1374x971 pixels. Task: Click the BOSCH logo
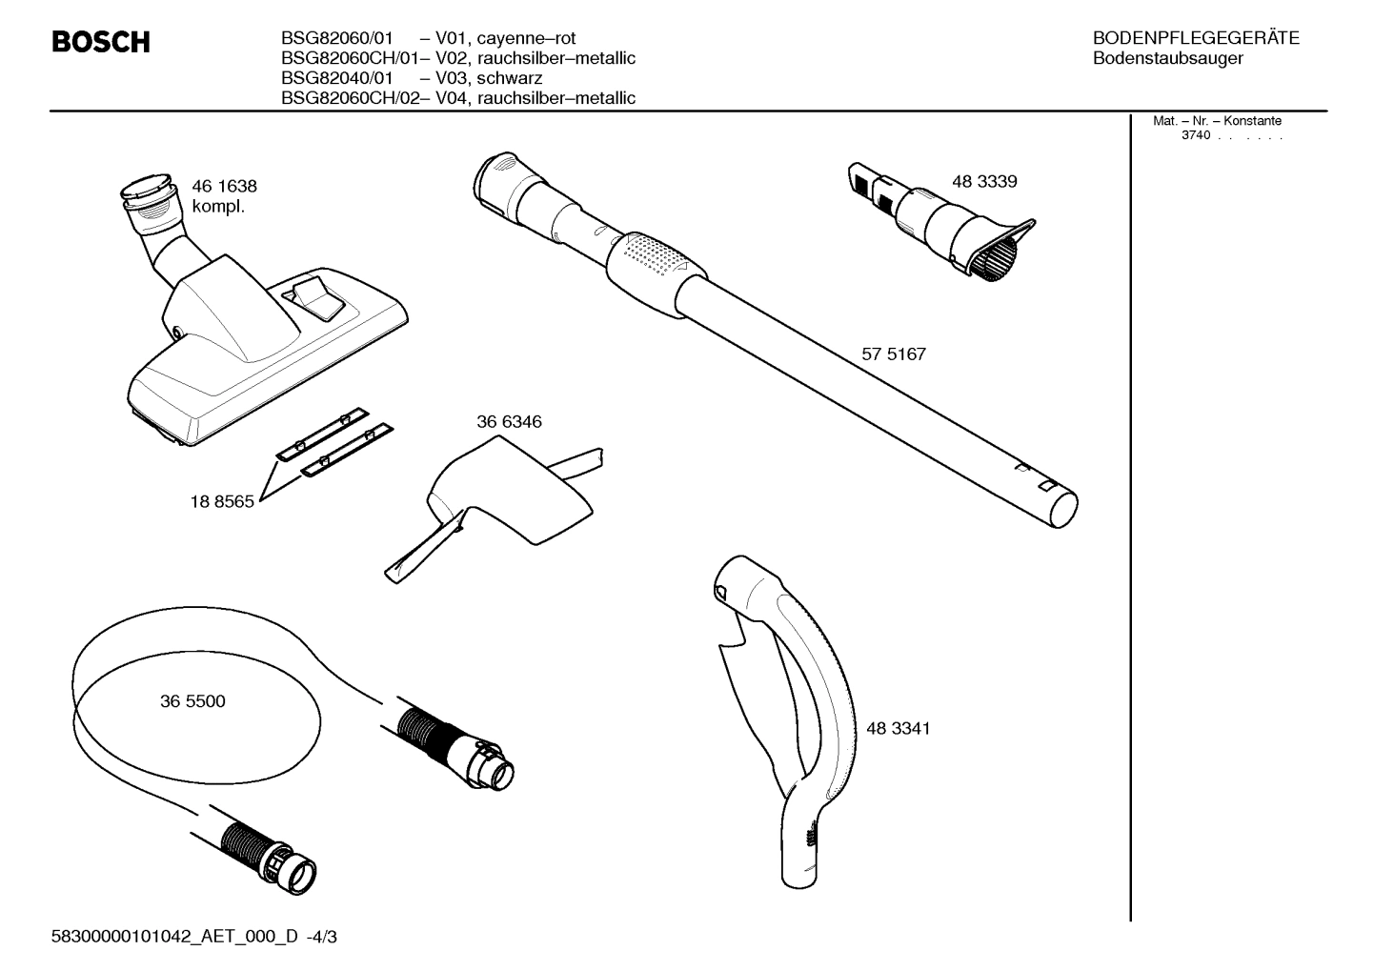[x=100, y=43]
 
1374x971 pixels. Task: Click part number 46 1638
[x=224, y=187]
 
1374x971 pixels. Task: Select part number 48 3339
[x=984, y=182]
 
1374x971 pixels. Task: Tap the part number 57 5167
[x=893, y=354]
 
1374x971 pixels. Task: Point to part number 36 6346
[x=509, y=422]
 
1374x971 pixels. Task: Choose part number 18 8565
[x=222, y=502]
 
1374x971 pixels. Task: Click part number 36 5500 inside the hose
[x=192, y=702]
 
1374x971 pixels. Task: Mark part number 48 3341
[x=898, y=729]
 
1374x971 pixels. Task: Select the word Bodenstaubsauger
[x=1167, y=59]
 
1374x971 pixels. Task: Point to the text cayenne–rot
[x=527, y=39]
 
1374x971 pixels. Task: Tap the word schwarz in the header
[x=510, y=78]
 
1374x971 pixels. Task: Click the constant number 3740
[x=1195, y=135]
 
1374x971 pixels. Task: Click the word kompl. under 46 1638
[x=218, y=207]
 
